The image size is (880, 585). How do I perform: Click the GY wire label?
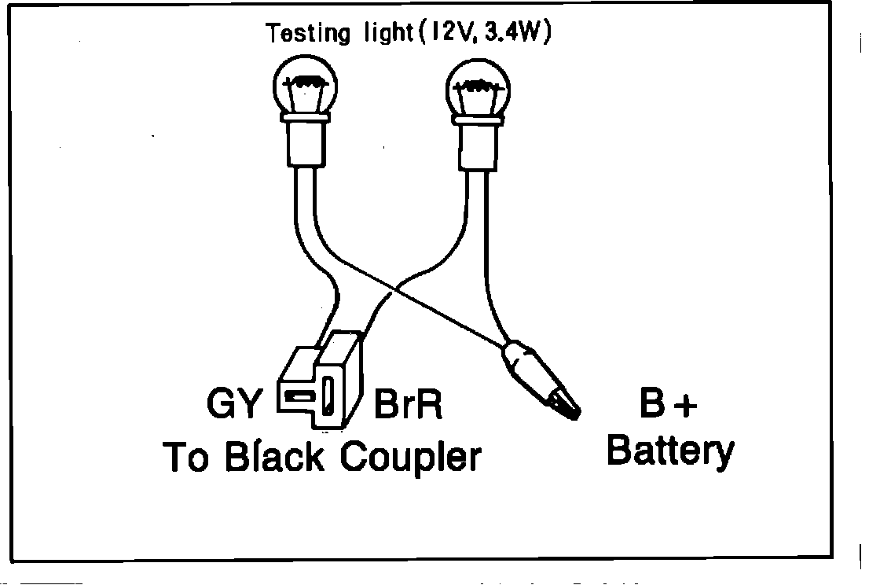(233, 404)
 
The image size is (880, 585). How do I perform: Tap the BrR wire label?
(408, 404)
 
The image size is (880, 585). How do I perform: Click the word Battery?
(672, 451)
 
